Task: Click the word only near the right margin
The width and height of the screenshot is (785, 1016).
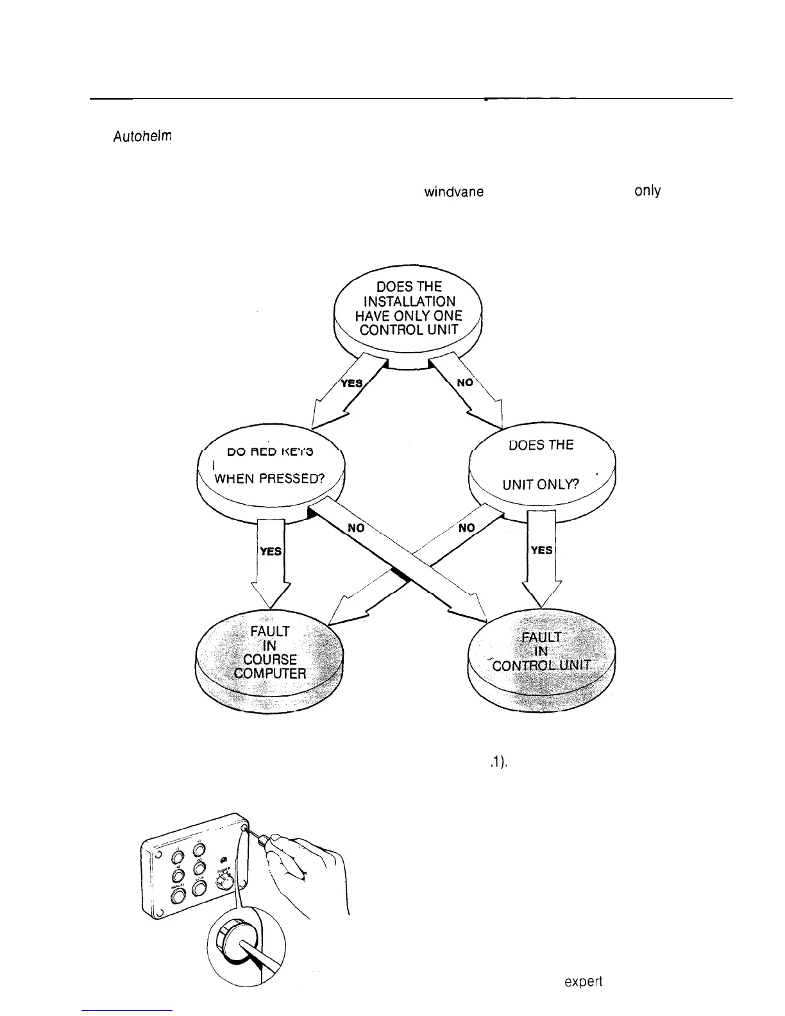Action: click(646, 191)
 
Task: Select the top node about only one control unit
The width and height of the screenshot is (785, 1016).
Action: click(408, 308)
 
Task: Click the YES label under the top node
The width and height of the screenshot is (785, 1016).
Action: click(351, 383)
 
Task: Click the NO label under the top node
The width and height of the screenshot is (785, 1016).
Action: click(466, 382)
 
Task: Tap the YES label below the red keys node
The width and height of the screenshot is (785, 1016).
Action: click(270, 551)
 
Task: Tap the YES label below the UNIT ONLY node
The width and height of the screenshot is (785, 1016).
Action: click(542, 550)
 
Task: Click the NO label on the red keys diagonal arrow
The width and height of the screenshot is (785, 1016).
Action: click(357, 527)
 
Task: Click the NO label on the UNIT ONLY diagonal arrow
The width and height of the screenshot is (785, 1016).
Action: click(466, 527)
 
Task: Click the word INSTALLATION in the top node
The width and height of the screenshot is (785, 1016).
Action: click(409, 301)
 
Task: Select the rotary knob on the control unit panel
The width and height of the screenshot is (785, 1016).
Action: click(223, 882)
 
